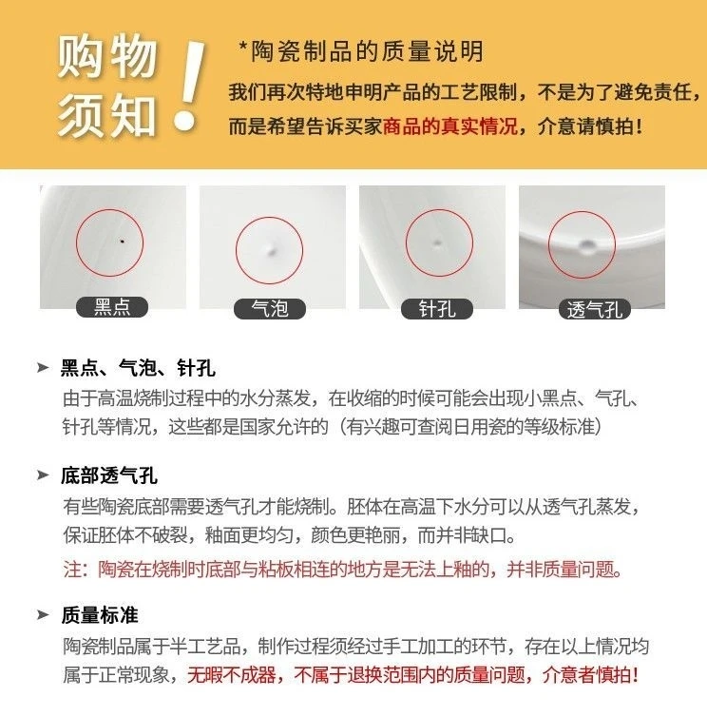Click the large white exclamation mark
(188, 86)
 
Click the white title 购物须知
(107, 86)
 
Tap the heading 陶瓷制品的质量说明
(367, 51)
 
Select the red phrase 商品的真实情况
(449, 126)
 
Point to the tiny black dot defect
(122, 241)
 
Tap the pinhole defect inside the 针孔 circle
(437, 242)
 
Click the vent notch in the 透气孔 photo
(586, 246)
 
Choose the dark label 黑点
(112, 307)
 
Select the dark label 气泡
(270, 309)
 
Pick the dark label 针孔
(437, 309)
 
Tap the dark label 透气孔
(595, 310)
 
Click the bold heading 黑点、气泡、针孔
(138, 368)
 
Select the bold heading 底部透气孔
(109, 475)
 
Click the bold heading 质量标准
(100, 615)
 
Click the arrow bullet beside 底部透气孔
(43, 475)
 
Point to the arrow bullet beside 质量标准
(43, 614)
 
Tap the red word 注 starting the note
(72, 570)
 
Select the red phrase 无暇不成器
(232, 675)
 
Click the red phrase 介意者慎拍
(590, 675)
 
